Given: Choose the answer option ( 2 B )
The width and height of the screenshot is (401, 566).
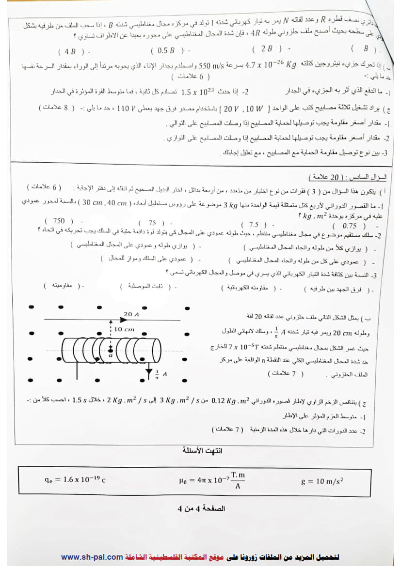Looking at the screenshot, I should (267, 49).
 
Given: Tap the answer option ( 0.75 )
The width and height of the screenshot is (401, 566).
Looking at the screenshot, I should (349, 226).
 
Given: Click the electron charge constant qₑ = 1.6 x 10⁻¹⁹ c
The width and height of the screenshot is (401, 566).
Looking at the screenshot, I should (75, 480).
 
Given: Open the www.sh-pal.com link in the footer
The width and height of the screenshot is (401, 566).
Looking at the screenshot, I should (92, 557).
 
